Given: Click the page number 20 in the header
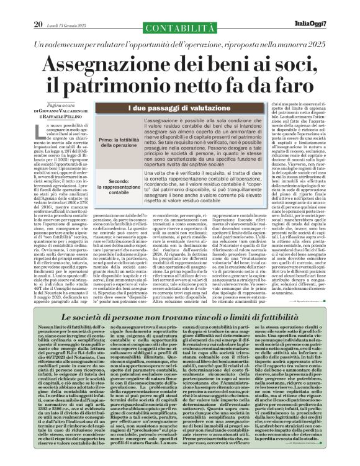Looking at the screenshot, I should point(20,7).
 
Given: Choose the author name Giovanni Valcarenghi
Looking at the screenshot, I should point(62,110).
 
